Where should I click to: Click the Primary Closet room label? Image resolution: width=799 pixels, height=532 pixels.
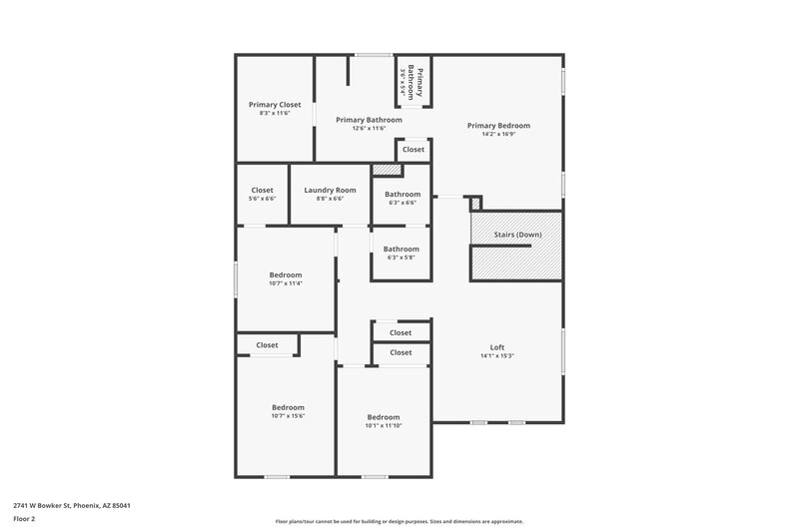(x=275, y=104)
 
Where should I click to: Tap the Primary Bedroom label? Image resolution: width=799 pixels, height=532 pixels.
(x=498, y=126)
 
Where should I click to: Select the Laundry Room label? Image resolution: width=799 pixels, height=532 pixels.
(x=330, y=190)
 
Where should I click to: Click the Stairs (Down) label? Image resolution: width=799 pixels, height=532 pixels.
(x=517, y=235)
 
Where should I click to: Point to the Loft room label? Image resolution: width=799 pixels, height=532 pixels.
(x=497, y=347)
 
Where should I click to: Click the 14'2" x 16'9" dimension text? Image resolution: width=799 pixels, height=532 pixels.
(x=498, y=135)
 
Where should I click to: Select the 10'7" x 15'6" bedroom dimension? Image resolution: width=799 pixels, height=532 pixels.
(x=288, y=416)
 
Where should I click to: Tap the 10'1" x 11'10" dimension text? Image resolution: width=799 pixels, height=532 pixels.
(x=384, y=426)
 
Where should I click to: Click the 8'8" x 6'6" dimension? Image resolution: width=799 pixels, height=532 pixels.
(x=330, y=199)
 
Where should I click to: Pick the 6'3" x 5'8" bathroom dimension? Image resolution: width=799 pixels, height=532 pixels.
(x=401, y=258)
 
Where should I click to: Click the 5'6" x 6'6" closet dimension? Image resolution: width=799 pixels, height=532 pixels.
(x=262, y=199)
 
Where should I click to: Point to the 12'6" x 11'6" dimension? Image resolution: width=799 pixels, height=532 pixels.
(x=369, y=129)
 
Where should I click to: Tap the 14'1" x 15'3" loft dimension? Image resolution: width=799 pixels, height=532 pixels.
(x=497, y=356)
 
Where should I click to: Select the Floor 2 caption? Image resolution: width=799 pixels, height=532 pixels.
(x=24, y=519)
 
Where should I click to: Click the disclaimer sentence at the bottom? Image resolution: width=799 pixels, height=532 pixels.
(x=399, y=521)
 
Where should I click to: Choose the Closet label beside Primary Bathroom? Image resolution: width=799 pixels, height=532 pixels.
(x=412, y=150)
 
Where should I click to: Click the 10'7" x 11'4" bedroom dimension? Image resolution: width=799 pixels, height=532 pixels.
(x=286, y=283)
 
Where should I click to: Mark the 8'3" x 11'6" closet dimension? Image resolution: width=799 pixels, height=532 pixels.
(x=275, y=113)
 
